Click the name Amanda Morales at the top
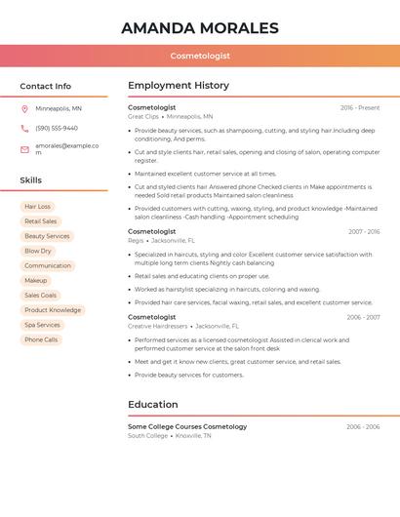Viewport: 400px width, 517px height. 200,28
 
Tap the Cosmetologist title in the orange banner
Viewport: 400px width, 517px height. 200,57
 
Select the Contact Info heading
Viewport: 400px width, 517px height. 46,86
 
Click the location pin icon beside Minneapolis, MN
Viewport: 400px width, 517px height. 24,109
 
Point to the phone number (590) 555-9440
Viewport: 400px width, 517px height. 57,128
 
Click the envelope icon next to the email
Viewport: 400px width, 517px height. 24,149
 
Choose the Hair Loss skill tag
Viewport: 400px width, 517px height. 38,207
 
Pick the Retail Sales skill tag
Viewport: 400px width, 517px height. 41,221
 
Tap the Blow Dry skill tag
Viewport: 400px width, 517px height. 38,251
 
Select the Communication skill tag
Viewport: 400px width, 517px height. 48,265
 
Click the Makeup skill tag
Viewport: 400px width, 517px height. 35,280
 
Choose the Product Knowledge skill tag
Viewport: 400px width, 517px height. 53,310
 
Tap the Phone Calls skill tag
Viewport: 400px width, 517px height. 41,339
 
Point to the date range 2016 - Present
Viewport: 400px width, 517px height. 360,107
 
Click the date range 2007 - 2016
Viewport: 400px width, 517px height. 364,231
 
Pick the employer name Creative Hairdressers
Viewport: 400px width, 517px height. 158,326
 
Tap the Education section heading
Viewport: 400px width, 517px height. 153,405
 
